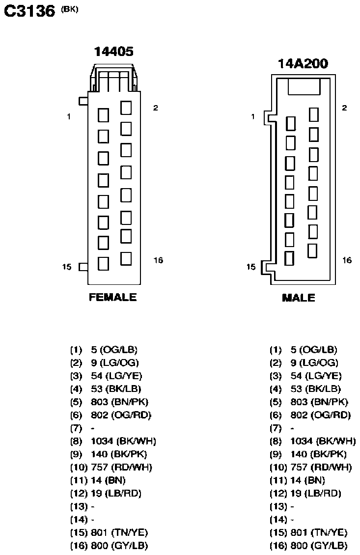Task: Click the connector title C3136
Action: click(29, 11)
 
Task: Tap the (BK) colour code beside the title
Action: click(69, 9)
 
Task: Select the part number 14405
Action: click(113, 52)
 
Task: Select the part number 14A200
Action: click(303, 64)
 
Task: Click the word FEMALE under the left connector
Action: click(112, 297)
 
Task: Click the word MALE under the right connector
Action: click(299, 298)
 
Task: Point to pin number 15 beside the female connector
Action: click(67, 267)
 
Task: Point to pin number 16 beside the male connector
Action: click(347, 260)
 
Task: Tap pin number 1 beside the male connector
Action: click(253, 116)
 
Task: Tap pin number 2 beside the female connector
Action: click(155, 108)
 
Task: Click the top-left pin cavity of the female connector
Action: click(103, 115)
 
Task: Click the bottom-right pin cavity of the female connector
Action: click(126, 259)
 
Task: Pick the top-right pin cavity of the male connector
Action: click(314, 114)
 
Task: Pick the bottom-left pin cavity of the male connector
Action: click(289, 258)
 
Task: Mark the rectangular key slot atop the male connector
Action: click(304, 87)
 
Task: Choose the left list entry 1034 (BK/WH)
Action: click(124, 441)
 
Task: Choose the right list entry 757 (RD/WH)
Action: click(321, 467)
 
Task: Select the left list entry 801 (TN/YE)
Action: click(119, 533)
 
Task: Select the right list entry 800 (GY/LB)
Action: click(319, 546)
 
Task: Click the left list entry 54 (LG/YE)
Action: click(116, 376)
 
